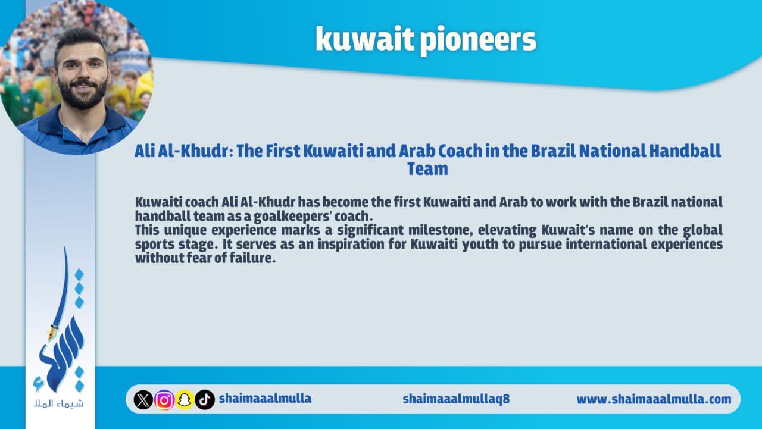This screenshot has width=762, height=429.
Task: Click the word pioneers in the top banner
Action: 478,40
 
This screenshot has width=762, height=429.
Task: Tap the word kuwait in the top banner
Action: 365,38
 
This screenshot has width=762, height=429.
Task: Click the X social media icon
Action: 143,399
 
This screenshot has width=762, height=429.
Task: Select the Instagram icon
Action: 164,400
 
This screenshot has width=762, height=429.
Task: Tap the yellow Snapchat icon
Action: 185,400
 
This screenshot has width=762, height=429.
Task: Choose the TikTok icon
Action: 205,400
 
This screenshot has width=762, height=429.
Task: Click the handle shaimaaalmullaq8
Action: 456,399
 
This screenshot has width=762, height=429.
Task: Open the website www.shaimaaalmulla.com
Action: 654,399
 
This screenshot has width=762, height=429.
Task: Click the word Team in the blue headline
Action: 427,169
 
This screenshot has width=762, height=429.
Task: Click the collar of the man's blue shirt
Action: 82,126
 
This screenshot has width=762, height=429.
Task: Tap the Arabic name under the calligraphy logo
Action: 58,403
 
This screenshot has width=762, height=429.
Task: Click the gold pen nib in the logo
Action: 52,333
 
